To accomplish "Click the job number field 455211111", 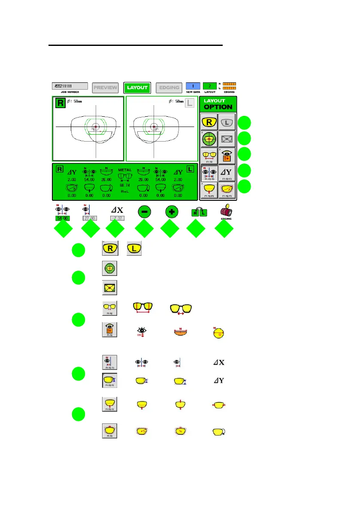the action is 70,86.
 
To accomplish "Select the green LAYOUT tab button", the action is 137,88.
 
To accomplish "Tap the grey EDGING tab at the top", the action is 169,88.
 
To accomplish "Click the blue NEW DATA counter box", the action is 193,86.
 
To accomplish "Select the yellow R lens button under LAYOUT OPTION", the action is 209,122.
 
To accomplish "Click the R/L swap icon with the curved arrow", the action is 198,212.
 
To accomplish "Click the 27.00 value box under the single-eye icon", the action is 90,218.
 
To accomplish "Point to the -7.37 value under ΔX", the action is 117,218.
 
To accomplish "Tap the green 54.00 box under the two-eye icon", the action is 63,218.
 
